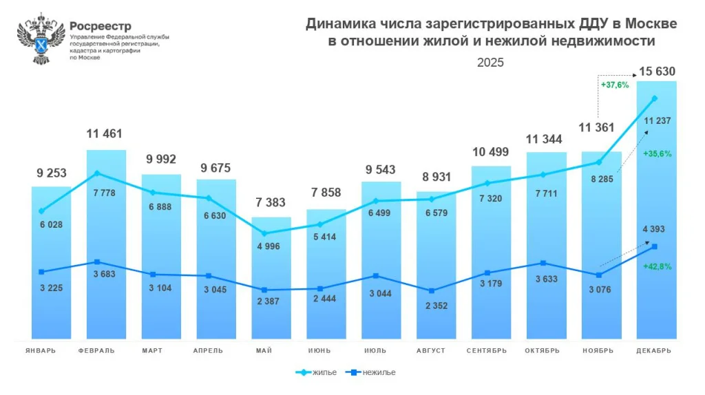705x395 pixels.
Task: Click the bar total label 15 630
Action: pyautogui.click(x=657, y=72)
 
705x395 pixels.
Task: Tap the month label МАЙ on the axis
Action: pyautogui.click(x=264, y=350)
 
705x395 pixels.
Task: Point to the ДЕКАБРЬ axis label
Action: pyautogui.click(x=653, y=350)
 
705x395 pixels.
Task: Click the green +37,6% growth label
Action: pyautogui.click(x=614, y=85)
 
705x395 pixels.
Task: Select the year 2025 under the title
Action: pyautogui.click(x=491, y=62)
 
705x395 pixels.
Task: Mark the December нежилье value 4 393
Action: pyautogui.click(x=653, y=229)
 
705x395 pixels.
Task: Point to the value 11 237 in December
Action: pyautogui.click(x=657, y=121)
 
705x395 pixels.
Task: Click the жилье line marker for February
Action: pyautogui.click(x=97, y=173)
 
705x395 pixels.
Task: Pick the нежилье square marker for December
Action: pyautogui.click(x=654, y=246)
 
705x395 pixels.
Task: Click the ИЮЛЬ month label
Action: pyautogui.click(x=374, y=350)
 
